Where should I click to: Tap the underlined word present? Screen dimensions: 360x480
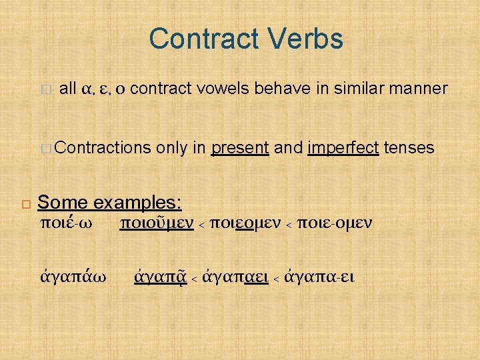click(240, 147)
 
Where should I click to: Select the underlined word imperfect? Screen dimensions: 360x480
click(344, 147)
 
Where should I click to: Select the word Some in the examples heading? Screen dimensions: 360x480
click(63, 202)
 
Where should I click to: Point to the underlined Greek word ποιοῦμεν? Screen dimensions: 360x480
click(156, 223)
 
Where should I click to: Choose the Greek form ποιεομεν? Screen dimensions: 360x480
click(243, 223)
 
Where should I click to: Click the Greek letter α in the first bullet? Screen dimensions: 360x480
click(85, 89)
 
